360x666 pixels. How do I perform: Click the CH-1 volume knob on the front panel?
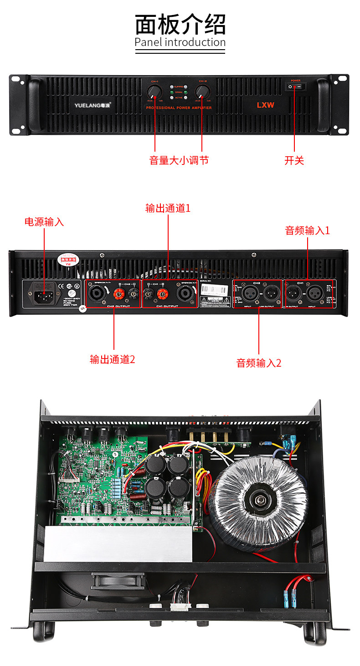(x=155, y=92)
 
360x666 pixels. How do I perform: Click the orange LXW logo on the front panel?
(x=265, y=105)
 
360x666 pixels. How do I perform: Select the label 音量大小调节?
(x=179, y=160)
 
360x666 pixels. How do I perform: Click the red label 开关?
(x=294, y=160)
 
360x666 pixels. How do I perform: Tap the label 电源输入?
(x=44, y=222)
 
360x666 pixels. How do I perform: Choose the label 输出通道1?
(x=168, y=208)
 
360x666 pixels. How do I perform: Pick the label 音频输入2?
(x=259, y=363)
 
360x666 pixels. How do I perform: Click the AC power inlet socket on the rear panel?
(x=44, y=294)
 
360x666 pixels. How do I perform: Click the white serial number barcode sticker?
(x=214, y=290)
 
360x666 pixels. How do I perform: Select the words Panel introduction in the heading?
(x=180, y=42)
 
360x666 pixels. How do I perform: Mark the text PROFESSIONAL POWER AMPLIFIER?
(x=179, y=108)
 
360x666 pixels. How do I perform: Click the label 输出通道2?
(x=113, y=359)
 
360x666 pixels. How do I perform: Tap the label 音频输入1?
(x=307, y=230)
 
